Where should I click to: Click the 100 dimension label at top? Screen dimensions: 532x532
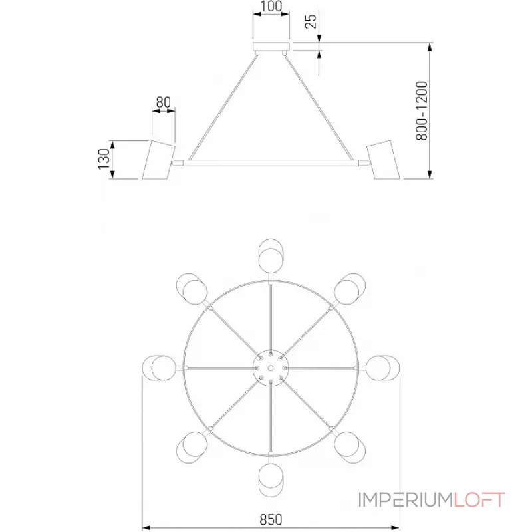click(271, 6)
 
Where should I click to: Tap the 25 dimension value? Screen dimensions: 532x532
click(311, 21)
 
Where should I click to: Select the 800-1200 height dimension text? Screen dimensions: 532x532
click(422, 110)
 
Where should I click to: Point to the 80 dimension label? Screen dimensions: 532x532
click(163, 102)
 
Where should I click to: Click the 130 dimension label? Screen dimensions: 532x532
click(104, 159)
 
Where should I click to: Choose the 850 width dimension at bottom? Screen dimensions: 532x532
click(271, 519)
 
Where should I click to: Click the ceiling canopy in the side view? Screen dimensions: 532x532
click(271, 47)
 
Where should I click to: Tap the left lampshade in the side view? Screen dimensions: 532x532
click(158, 160)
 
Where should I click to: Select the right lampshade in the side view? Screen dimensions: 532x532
click(384, 160)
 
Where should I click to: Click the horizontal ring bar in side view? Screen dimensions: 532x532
click(271, 163)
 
